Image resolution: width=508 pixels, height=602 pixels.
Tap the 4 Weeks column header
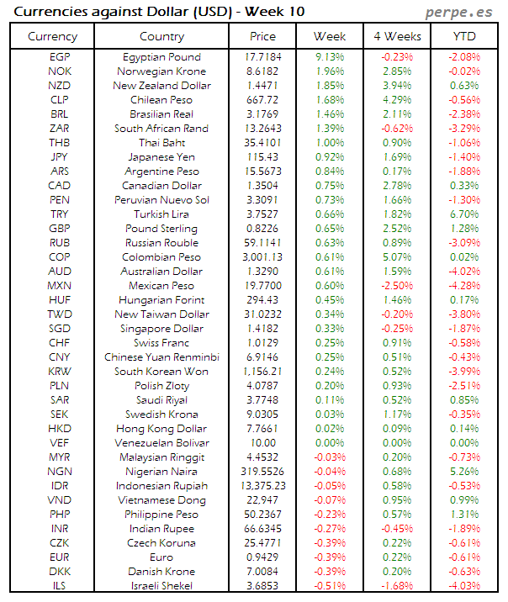click(396, 36)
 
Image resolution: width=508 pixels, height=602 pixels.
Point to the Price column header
click(262, 36)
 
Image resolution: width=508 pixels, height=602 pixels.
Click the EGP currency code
click(60, 57)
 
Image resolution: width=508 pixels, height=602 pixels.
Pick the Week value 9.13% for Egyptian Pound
click(329, 57)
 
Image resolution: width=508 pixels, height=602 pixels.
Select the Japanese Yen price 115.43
click(262, 157)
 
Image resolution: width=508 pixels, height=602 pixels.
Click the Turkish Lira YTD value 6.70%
click(464, 214)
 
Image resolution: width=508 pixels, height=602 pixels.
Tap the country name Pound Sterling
click(161, 229)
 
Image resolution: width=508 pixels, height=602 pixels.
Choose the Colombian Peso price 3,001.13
click(262, 257)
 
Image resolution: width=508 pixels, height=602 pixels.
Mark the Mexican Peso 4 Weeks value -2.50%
click(396, 286)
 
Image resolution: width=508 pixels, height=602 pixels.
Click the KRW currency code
click(60, 372)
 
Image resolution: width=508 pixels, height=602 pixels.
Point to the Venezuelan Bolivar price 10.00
click(262, 443)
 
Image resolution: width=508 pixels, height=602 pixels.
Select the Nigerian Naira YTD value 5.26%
click(464, 472)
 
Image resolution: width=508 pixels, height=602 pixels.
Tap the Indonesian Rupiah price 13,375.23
click(262, 486)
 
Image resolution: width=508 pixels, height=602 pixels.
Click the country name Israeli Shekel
click(161, 586)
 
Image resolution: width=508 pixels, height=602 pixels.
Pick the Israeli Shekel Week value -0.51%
click(329, 586)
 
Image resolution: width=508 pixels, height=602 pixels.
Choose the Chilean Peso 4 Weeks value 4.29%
click(396, 100)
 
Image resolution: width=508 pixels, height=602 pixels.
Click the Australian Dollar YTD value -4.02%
click(464, 272)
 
